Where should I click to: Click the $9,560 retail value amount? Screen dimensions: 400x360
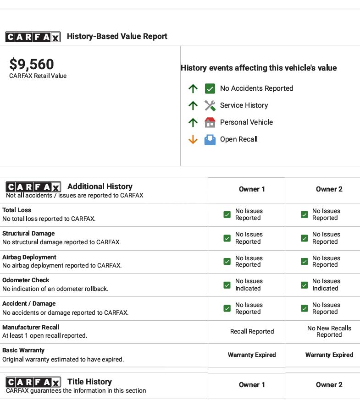32,65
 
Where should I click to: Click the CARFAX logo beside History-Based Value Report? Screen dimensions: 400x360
33,37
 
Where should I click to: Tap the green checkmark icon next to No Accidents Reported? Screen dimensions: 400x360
210,88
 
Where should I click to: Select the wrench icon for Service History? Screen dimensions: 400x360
210,105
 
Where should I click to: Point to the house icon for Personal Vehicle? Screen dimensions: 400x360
210,122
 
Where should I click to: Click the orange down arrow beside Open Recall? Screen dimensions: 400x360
193,139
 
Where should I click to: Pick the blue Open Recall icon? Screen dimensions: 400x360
210,139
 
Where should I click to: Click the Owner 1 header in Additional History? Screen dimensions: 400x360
252,189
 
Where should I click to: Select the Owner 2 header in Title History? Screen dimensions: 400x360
329,385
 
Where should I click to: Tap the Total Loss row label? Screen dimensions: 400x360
17,210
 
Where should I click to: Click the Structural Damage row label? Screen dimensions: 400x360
28,234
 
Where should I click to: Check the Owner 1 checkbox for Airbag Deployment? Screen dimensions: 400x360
227,262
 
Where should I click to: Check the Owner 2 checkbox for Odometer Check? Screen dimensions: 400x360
304,285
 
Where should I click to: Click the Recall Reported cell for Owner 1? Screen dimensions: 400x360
252,332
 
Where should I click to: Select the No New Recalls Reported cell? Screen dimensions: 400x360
329,331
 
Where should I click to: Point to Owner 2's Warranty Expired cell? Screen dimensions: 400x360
329,355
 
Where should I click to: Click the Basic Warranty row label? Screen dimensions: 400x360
23,351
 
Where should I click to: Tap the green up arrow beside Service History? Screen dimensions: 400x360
193,105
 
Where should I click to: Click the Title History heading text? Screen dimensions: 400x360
89,382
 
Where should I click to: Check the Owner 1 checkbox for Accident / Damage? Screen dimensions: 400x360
227,308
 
